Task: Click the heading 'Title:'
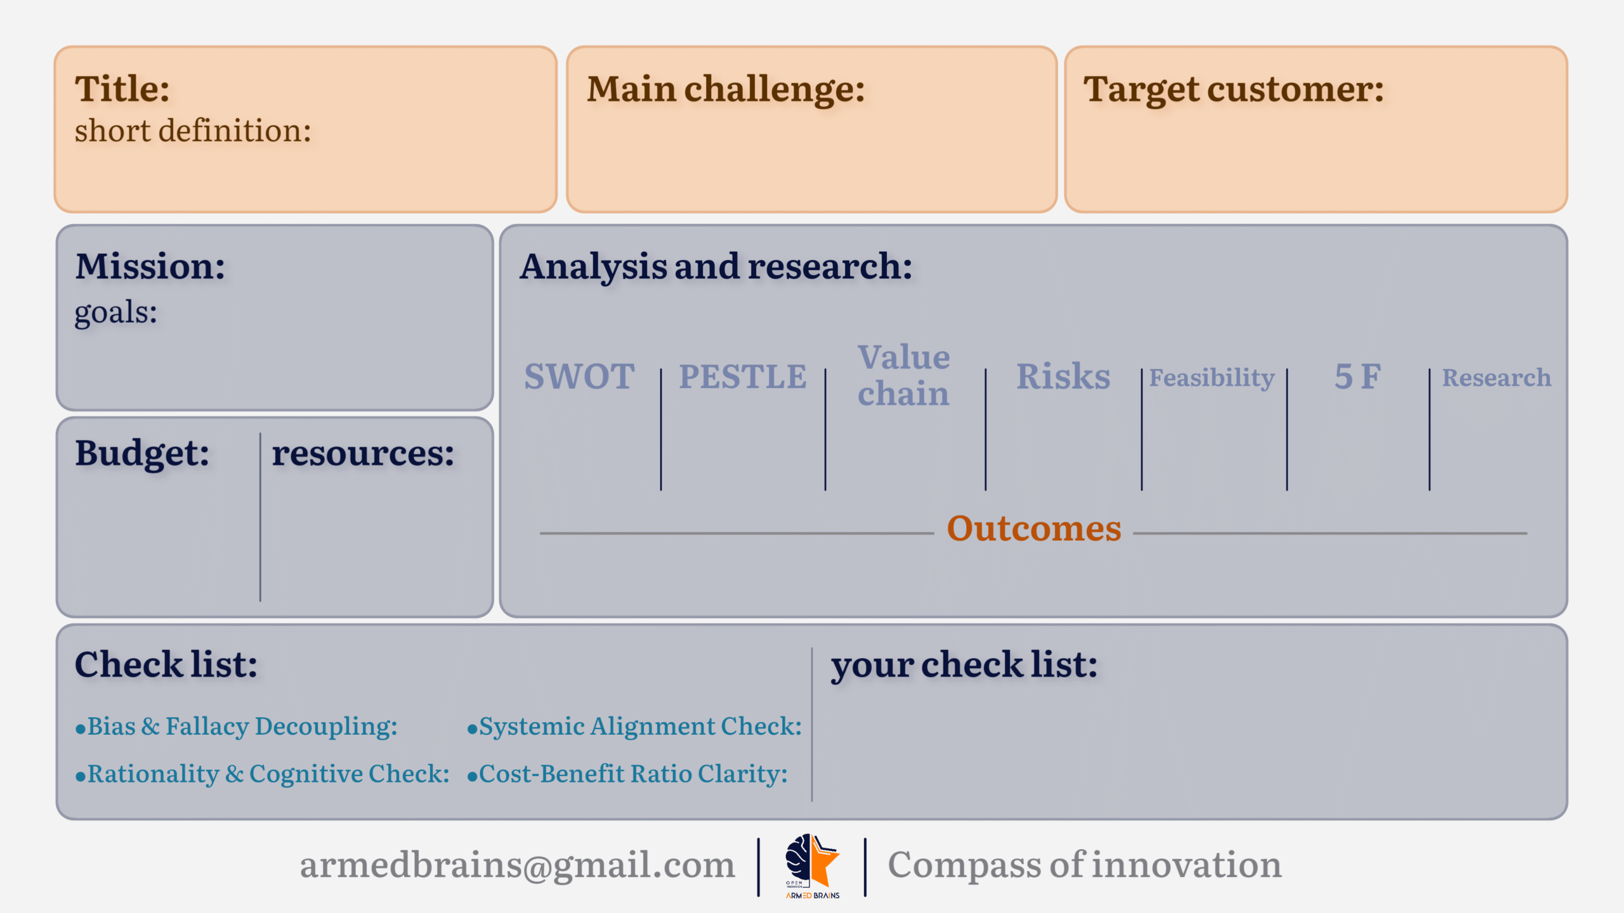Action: tap(122, 89)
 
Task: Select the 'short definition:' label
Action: tap(193, 131)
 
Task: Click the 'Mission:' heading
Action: tap(150, 266)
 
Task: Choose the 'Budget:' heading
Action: tap(142, 453)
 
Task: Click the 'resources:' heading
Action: tap(363, 454)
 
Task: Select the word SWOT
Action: tap(579, 377)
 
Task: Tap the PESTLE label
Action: tap(743, 377)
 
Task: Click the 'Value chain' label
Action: tap(904, 375)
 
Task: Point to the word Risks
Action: tap(1063, 377)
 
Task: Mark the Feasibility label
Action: tap(1212, 378)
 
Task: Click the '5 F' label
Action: tap(1358, 377)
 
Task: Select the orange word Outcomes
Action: tap(1034, 529)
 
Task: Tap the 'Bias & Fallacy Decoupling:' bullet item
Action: tap(237, 727)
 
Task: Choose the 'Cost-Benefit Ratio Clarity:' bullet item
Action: tap(627, 774)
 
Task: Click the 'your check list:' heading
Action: tap(964, 666)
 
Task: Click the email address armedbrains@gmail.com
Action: tap(518, 865)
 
